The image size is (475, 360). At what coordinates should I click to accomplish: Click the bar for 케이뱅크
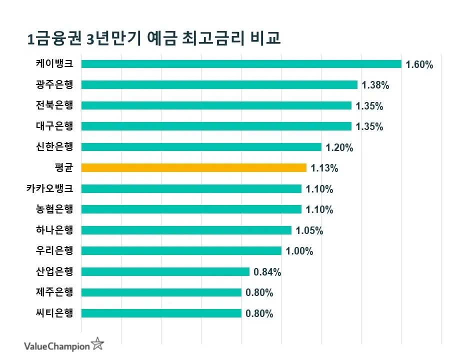241,64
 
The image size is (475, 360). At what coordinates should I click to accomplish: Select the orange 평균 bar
193,168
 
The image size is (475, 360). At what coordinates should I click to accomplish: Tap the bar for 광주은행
219,85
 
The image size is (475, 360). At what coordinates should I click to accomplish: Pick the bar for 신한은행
201,147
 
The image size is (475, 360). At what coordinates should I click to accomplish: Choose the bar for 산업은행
165,271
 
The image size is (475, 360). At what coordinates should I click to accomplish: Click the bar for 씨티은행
161,313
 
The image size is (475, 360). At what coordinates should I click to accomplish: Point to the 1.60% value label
419,64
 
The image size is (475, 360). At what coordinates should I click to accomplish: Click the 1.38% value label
375,85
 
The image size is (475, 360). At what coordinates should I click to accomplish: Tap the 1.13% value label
324,168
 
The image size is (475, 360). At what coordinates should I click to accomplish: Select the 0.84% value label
267,272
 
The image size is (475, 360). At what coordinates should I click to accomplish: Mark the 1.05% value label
309,230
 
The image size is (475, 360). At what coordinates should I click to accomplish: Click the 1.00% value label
299,251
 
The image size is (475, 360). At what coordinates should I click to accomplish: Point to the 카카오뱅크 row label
50,189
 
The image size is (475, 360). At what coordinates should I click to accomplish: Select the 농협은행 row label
54,209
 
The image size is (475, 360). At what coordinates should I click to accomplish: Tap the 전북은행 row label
54,105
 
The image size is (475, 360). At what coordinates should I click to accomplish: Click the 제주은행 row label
54,292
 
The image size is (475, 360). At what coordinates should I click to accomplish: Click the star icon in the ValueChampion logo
98,344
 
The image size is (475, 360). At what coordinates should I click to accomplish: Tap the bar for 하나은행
186,230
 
